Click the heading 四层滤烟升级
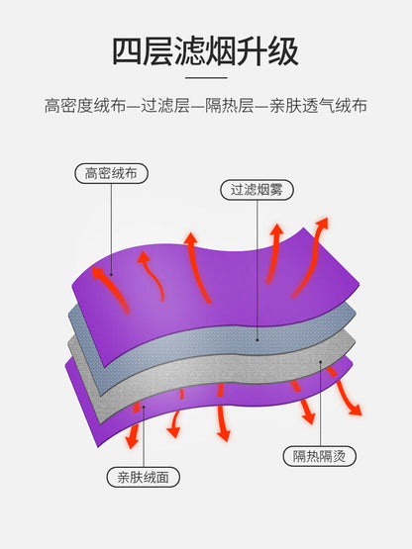point(205,51)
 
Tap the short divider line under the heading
point(206,78)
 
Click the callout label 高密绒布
point(111,173)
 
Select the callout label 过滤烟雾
point(257,190)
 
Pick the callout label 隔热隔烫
point(320,456)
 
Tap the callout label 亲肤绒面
point(143,477)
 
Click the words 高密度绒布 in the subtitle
point(85,106)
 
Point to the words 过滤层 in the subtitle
point(165,106)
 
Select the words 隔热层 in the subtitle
point(230,106)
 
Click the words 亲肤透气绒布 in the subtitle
point(318,106)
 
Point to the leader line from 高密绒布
point(112,229)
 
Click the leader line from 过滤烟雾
point(257,270)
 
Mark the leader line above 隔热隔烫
point(320,404)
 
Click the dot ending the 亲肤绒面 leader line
point(144,408)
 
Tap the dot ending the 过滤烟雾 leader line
point(257,339)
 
